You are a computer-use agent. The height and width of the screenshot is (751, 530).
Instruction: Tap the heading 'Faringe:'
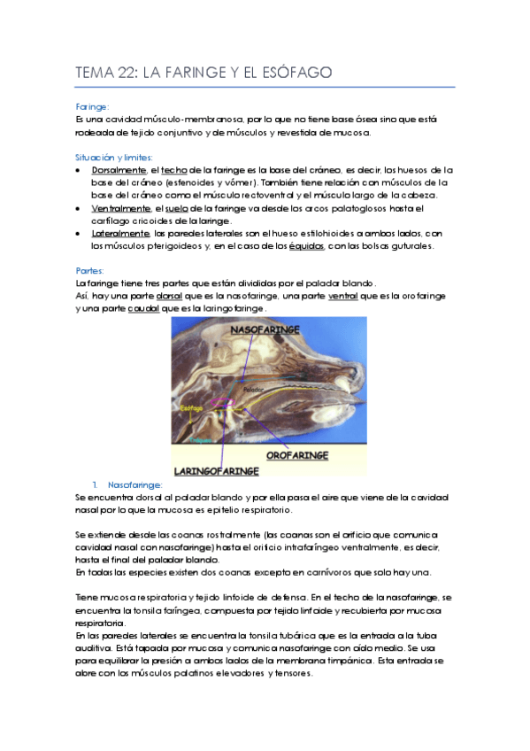tap(92, 106)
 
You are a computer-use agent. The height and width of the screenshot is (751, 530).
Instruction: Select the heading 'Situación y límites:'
tap(111, 156)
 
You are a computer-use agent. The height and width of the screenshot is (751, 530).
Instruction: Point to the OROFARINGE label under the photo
tap(297, 454)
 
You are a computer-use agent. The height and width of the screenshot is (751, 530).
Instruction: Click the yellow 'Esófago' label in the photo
tap(191, 408)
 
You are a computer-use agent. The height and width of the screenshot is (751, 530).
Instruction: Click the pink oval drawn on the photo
tap(228, 404)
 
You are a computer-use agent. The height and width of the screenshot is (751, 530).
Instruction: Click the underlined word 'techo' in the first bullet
tap(174, 169)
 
